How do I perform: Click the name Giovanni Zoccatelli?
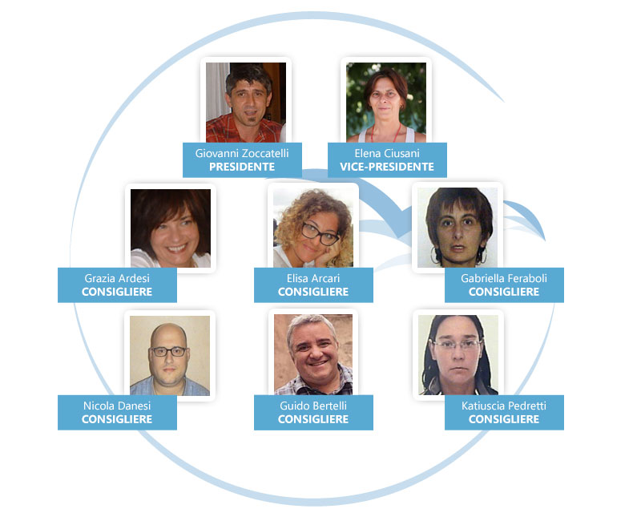click(x=241, y=152)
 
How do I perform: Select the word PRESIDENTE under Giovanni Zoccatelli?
click(x=241, y=167)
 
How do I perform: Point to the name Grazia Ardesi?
click(x=117, y=278)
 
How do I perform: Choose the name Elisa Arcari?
click(x=313, y=278)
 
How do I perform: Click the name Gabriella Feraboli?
click(x=504, y=278)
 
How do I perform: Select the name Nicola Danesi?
click(x=117, y=406)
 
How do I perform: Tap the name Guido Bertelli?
click(x=313, y=406)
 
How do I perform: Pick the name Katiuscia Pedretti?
click(x=504, y=406)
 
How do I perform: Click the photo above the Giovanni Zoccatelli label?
click(x=245, y=102)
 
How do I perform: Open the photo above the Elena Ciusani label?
click(x=386, y=102)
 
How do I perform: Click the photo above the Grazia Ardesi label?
click(x=171, y=228)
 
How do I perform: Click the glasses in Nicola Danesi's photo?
click(x=169, y=351)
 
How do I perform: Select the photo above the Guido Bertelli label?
click(x=313, y=354)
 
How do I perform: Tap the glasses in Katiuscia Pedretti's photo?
click(x=458, y=345)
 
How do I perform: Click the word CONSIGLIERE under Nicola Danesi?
click(x=117, y=419)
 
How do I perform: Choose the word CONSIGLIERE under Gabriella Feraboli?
click(x=504, y=292)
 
